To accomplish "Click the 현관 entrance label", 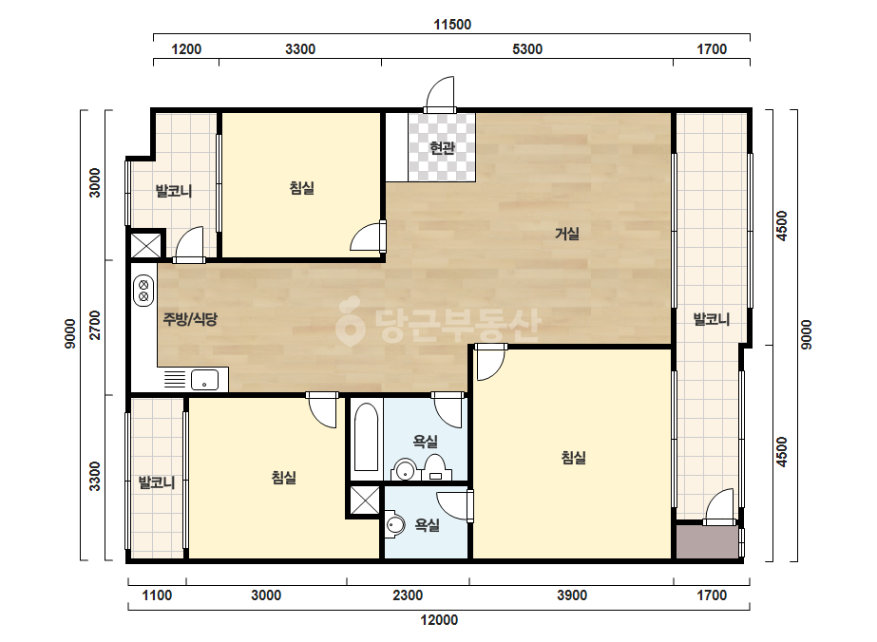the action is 442,148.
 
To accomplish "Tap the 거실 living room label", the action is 566,234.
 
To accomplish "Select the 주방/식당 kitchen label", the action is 190,319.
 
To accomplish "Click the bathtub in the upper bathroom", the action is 367,437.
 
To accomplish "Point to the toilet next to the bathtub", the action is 434,467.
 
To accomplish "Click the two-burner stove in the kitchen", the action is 143,291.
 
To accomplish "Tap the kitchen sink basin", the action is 204,380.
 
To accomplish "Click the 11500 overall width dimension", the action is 452,25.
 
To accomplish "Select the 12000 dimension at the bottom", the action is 439,619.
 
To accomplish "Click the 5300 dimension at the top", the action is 527,49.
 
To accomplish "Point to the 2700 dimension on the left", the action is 96,325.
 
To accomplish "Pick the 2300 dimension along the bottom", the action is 408,595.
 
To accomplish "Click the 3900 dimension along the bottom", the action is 572,595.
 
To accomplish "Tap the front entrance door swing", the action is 440,94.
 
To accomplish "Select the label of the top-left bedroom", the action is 302,188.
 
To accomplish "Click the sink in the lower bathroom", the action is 395,525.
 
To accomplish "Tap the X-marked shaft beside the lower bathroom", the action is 365,500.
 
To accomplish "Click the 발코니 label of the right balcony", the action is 712,319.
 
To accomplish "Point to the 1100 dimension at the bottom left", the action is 157,595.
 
